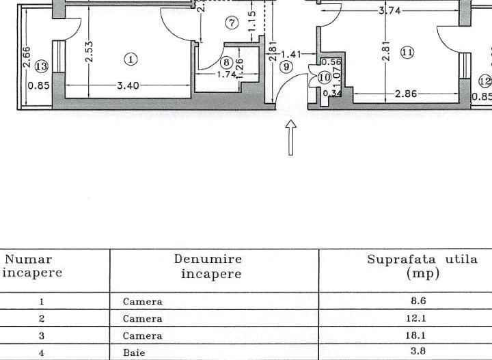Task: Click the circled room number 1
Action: (x=131, y=59)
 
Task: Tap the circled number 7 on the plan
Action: (x=232, y=24)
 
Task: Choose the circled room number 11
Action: (x=408, y=52)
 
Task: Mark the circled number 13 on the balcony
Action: (x=41, y=66)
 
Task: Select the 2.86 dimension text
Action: (x=406, y=94)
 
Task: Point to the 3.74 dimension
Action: (x=389, y=12)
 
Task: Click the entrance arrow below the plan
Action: (x=291, y=138)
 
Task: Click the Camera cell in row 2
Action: (x=143, y=318)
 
